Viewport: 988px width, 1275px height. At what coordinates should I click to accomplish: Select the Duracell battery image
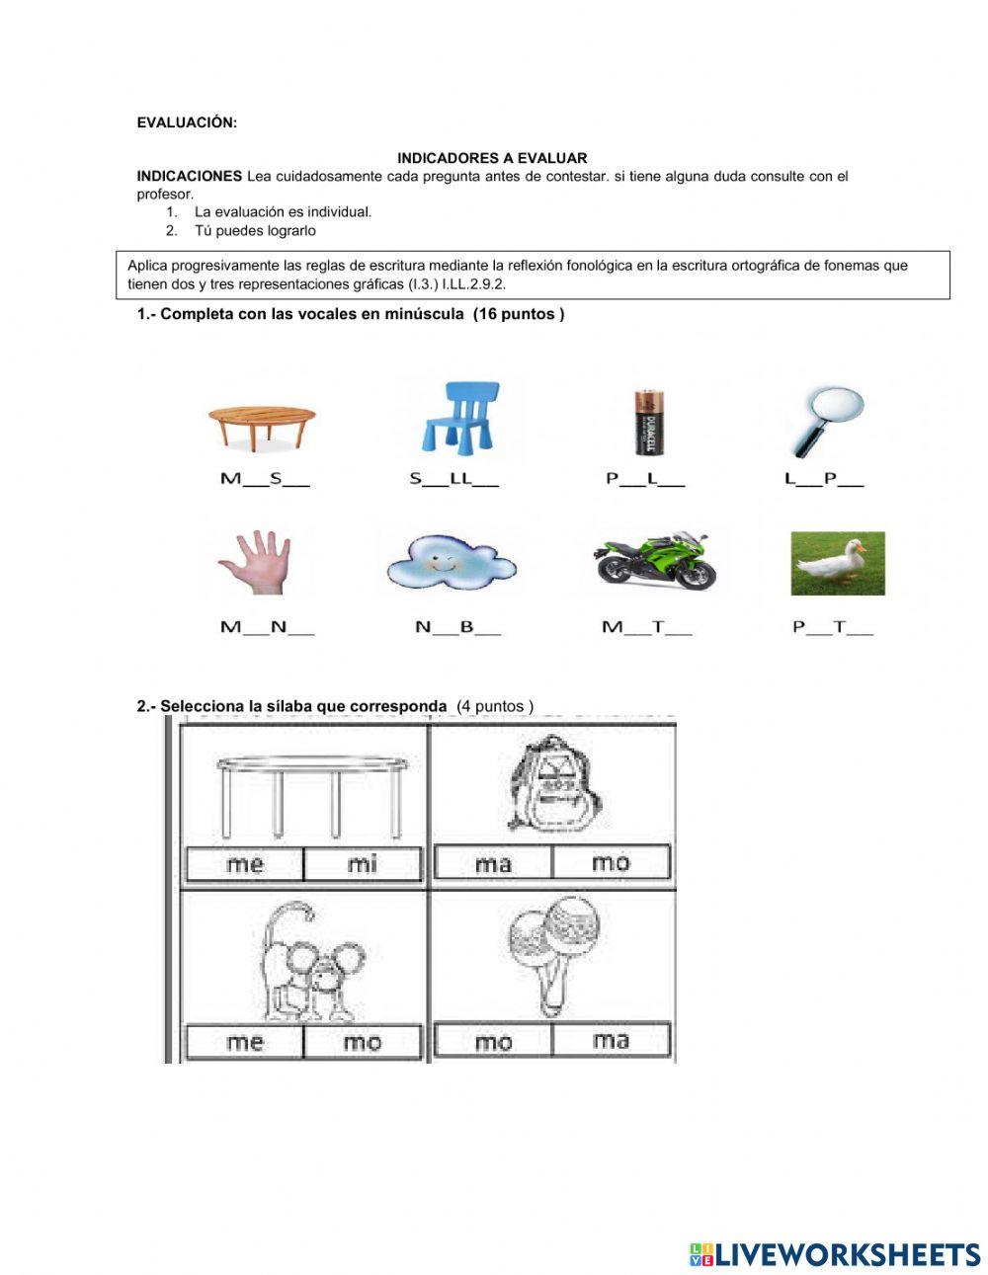pyautogui.click(x=648, y=423)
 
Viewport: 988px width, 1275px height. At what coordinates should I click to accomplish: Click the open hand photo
pyautogui.click(x=255, y=563)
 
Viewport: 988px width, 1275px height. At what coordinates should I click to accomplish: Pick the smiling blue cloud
pyautogui.click(x=452, y=562)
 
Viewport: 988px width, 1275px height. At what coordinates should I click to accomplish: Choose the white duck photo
pyautogui.click(x=837, y=563)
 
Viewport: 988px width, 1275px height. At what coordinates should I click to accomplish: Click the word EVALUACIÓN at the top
pyautogui.click(x=187, y=122)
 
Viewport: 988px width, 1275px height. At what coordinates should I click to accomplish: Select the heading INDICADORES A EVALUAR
pyautogui.click(x=492, y=158)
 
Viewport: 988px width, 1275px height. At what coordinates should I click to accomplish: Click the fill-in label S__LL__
pyautogui.click(x=453, y=480)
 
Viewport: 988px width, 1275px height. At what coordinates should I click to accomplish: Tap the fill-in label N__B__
pyautogui.click(x=457, y=627)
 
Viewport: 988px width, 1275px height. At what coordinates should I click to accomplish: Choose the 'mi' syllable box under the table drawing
pyautogui.click(x=363, y=864)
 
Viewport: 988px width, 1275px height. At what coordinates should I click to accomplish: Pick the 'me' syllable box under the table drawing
pyautogui.click(x=245, y=864)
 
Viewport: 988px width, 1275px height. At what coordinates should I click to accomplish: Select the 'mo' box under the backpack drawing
pyautogui.click(x=611, y=863)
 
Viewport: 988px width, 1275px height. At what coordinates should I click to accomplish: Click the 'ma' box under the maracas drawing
pyautogui.click(x=611, y=1040)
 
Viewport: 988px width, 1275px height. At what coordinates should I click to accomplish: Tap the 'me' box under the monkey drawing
pyautogui.click(x=245, y=1042)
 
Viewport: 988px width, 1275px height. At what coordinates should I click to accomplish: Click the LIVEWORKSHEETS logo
pyautogui.click(x=834, y=1253)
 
